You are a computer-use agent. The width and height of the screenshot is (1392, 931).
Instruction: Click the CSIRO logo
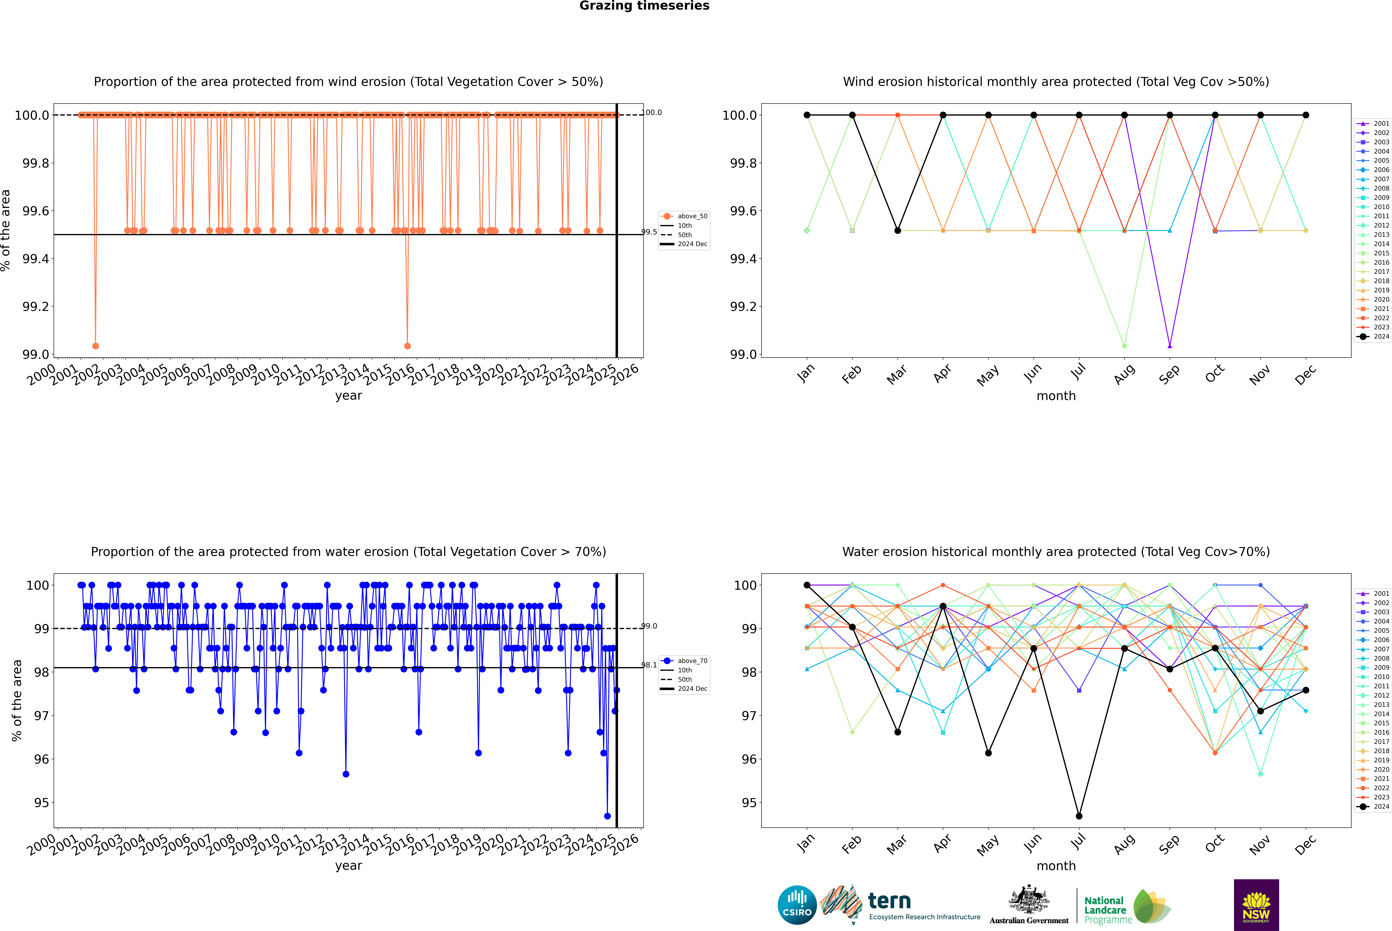point(797,905)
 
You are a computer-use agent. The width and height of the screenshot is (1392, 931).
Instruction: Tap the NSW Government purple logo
point(1256,905)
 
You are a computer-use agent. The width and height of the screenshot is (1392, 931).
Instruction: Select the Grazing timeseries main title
point(644,6)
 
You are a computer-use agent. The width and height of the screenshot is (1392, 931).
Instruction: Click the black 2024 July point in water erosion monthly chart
point(1079,816)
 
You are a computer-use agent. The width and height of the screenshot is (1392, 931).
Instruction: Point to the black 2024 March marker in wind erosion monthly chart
point(898,230)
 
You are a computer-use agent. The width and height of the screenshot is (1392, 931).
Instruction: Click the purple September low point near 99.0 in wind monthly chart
point(1169,346)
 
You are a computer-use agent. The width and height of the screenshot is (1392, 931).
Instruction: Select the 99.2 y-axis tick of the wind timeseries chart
point(36,306)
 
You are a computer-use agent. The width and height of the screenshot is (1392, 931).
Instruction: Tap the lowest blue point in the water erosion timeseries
point(607,816)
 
